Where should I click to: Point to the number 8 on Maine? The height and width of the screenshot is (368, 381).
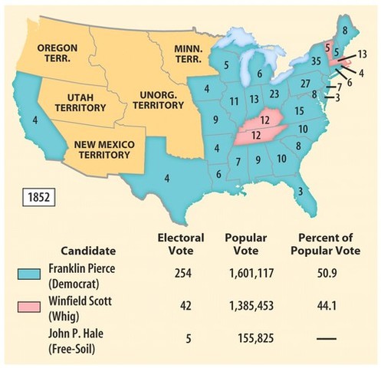point(344,31)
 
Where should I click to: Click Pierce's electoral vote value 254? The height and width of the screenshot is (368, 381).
point(177,274)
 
